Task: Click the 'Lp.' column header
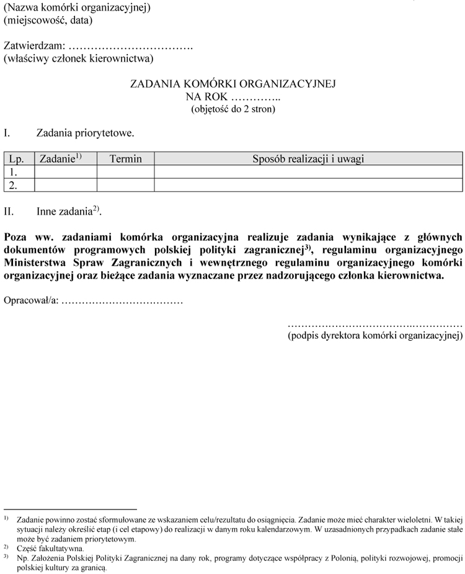click(17, 159)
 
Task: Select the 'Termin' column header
click(125, 159)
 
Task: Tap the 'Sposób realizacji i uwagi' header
click(308, 159)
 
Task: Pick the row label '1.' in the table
click(14, 172)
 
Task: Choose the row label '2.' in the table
click(14, 185)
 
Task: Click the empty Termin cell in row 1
click(125, 172)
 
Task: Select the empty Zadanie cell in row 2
click(66, 185)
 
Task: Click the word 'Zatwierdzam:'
click(34, 46)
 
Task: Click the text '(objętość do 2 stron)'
click(232, 109)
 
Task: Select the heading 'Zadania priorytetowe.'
click(85, 133)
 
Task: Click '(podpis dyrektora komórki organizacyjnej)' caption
click(375, 336)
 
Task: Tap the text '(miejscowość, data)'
click(48, 20)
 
